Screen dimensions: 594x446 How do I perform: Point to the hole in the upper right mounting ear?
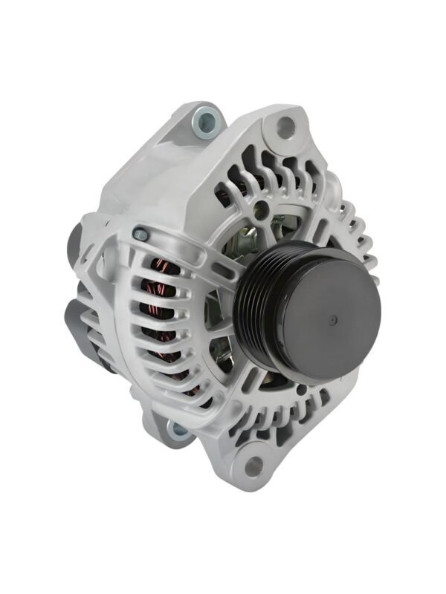(x=285, y=127)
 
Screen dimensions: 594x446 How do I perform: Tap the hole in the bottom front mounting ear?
(x=253, y=466)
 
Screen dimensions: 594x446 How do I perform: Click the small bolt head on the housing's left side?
(x=139, y=235)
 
